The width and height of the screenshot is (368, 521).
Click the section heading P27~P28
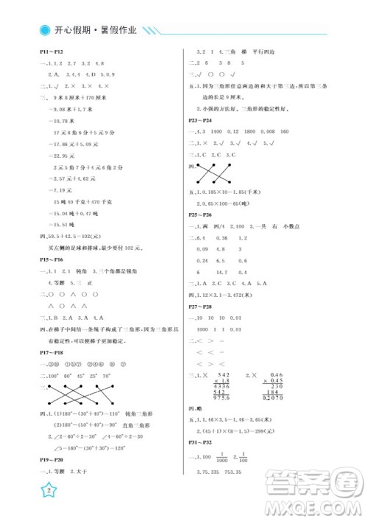coord(200,306)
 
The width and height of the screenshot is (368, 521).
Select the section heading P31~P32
coord(200,442)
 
